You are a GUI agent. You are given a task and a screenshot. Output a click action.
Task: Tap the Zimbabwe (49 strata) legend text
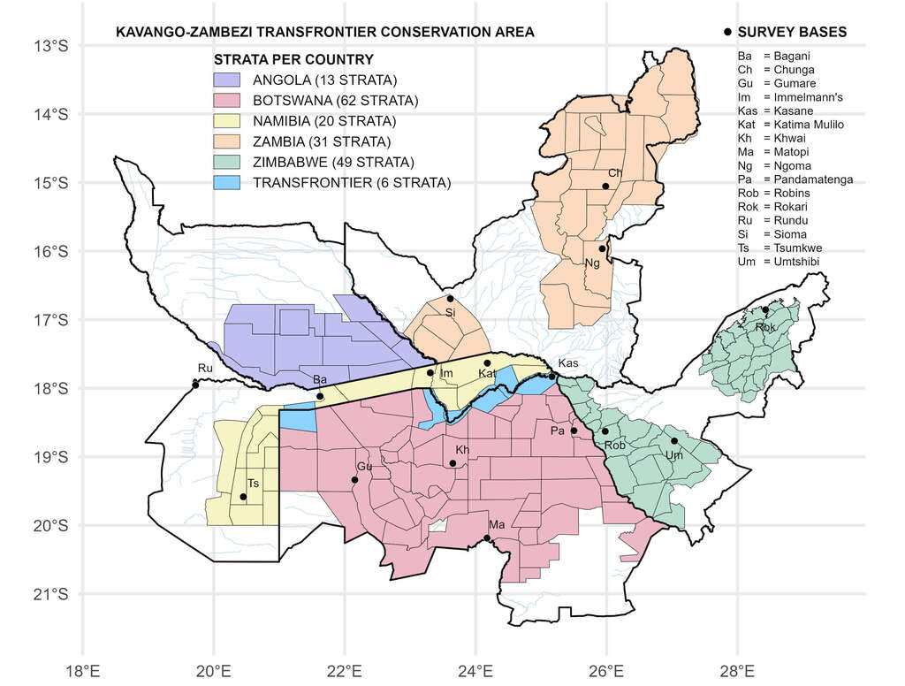pyautogui.click(x=333, y=163)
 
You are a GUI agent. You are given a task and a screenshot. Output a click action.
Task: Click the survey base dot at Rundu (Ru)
pyautogui.click(x=195, y=385)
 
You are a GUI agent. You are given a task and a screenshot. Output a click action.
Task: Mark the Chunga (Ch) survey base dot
pyautogui.click(x=605, y=186)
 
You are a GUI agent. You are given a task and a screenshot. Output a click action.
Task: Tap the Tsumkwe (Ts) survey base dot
pyautogui.click(x=243, y=497)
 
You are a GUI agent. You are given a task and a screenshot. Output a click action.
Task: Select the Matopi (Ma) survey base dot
pyautogui.click(x=487, y=537)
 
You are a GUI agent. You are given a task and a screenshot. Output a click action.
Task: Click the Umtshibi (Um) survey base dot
pyautogui.click(x=674, y=441)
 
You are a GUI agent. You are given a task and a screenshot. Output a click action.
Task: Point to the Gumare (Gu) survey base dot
pyautogui.click(x=354, y=480)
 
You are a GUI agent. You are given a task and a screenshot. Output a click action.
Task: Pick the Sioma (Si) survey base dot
pyautogui.click(x=450, y=298)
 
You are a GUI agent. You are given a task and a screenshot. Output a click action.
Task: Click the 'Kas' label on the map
pyautogui.click(x=568, y=364)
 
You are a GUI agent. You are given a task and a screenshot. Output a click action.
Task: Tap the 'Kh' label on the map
pyautogui.click(x=461, y=450)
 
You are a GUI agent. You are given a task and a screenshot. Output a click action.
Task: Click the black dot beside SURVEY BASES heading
pyautogui.click(x=727, y=32)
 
